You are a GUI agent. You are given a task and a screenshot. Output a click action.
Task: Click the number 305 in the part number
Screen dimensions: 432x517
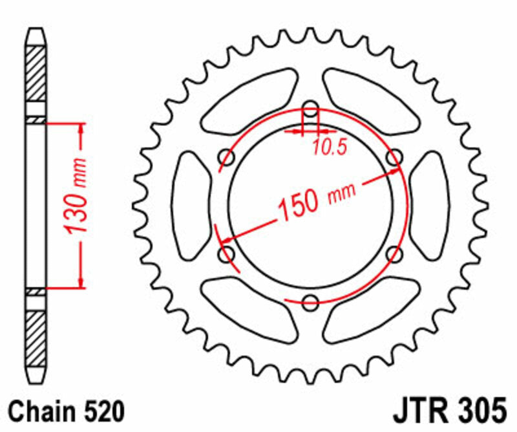pyautogui.click(x=478, y=411)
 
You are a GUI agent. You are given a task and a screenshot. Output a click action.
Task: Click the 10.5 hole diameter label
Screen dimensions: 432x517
pyautogui.click(x=330, y=147)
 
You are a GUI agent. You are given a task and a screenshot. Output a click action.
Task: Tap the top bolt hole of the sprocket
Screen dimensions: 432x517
pyautogui.click(x=311, y=108)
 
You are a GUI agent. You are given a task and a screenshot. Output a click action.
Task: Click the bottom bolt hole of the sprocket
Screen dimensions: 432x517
pyautogui.click(x=311, y=300)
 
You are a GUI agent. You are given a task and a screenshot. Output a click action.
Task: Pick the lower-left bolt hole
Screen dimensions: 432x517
pyautogui.click(x=227, y=252)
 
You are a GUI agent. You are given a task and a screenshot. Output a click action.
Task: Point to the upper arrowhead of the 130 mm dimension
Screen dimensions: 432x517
pyautogui.click(x=81, y=130)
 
